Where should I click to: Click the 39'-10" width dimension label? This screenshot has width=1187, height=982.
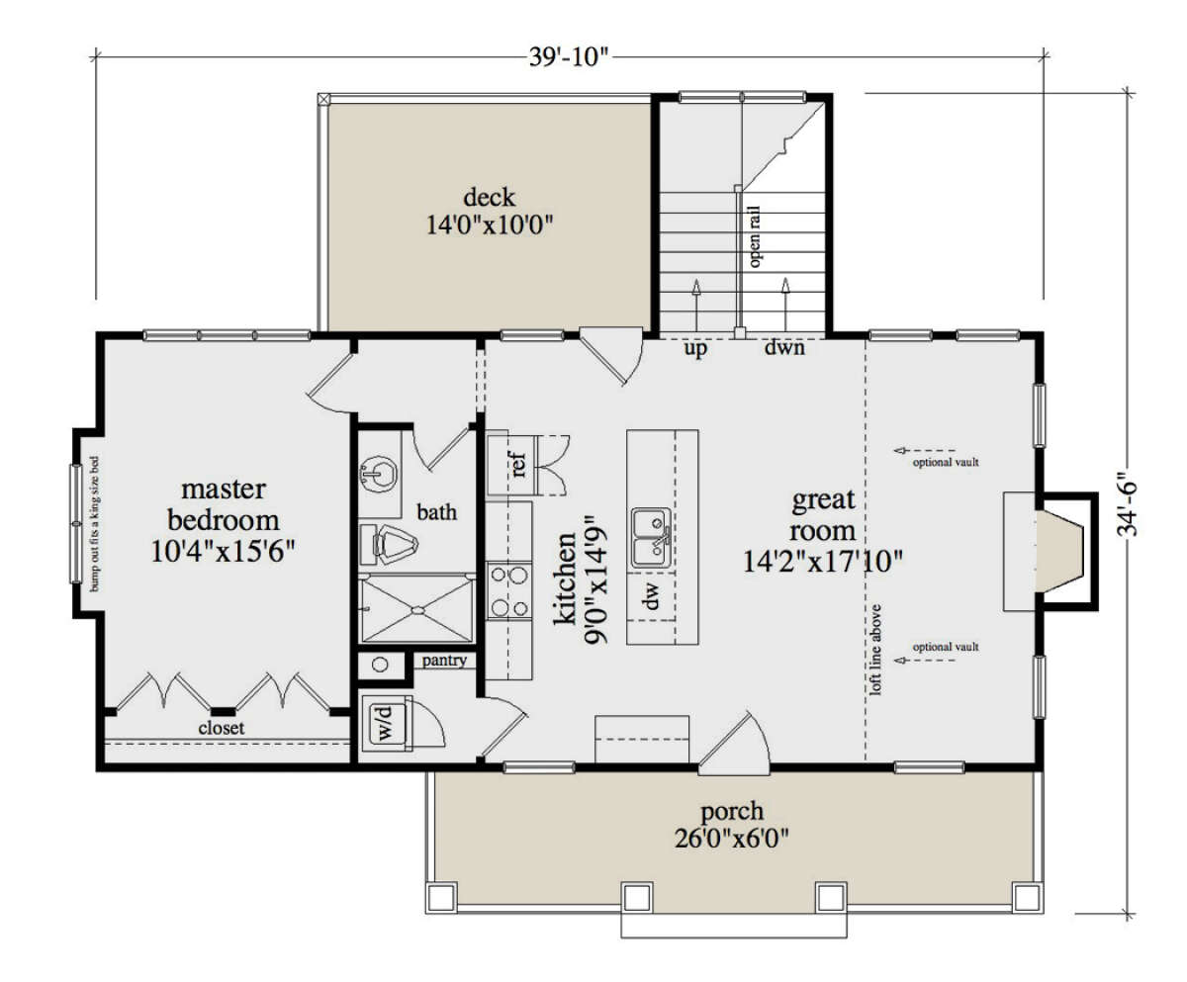[568, 56]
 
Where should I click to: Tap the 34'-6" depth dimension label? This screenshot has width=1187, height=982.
[1127, 504]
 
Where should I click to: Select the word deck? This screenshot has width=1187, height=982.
[489, 197]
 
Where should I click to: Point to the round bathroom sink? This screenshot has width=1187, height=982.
[379, 474]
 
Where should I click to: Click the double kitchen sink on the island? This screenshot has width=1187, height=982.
[652, 538]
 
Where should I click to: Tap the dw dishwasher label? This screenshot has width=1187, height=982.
[652, 595]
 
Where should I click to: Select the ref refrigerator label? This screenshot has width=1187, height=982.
[518, 464]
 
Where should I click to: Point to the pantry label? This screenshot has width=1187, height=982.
[444, 661]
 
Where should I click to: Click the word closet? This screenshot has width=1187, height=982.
[222, 728]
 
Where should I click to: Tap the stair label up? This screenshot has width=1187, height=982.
[695, 348]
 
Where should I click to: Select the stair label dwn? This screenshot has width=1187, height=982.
[784, 347]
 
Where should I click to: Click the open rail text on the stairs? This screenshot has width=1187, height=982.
[755, 236]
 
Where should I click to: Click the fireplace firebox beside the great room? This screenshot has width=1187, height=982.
[1060, 551]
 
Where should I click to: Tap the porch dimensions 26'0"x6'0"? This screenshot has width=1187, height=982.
[732, 839]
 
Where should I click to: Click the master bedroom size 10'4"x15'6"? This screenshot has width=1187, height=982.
[223, 551]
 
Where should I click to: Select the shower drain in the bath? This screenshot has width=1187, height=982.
[417, 610]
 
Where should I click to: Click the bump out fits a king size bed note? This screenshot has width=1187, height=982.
[94, 523]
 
